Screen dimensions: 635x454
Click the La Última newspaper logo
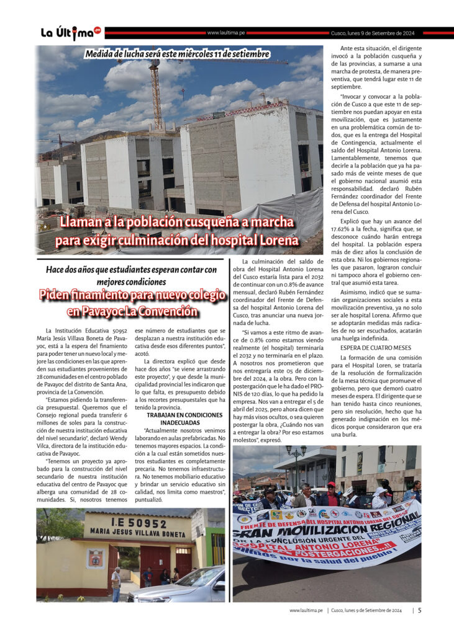coord(70,33)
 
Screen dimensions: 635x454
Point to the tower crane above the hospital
coord(155,87)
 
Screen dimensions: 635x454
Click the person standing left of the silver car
coord(116,583)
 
